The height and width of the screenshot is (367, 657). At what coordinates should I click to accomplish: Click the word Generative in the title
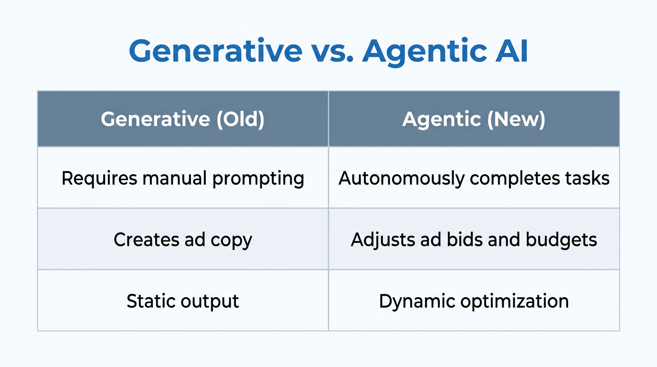(x=215, y=51)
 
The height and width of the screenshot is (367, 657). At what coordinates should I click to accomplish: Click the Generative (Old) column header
(x=182, y=119)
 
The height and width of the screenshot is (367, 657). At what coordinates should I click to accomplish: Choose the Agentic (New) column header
(x=474, y=119)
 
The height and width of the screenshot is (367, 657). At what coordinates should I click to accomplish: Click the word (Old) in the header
(x=240, y=119)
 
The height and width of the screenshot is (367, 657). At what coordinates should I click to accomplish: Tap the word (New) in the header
(x=516, y=119)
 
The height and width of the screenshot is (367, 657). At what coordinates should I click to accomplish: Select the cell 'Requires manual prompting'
(x=182, y=178)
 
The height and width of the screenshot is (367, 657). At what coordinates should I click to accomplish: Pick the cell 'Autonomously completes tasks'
(x=474, y=178)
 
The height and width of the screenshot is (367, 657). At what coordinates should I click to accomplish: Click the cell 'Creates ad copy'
(x=182, y=239)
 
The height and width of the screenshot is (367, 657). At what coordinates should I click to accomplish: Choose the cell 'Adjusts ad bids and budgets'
(x=474, y=239)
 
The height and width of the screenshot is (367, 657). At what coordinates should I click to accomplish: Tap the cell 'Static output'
(x=182, y=301)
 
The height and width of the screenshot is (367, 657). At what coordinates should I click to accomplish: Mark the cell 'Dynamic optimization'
(x=474, y=301)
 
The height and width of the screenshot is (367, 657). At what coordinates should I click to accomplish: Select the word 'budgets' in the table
(x=562, y=239)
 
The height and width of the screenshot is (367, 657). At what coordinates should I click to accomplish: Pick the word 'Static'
(x=148, y=301)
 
